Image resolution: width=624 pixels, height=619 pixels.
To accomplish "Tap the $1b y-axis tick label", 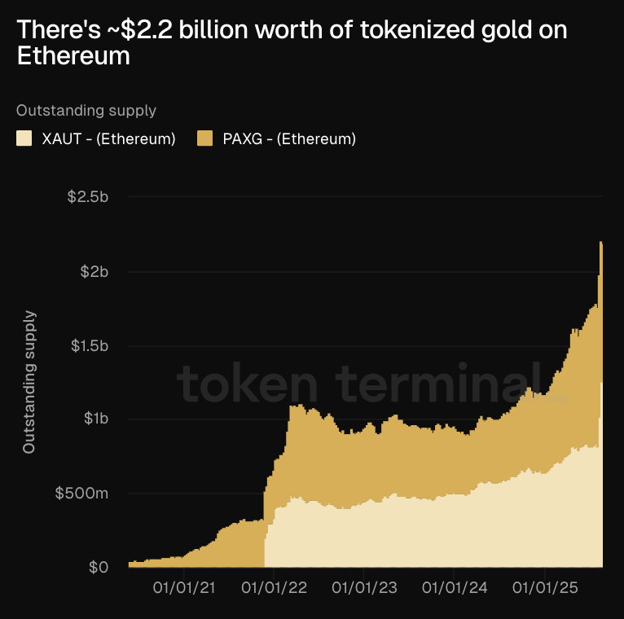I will tap(96, 419).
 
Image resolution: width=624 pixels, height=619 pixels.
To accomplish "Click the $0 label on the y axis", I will tap(98, 567).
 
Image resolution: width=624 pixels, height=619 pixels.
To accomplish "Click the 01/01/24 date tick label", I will tap(459, 587).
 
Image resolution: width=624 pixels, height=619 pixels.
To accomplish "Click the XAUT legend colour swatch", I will tap(24, 138).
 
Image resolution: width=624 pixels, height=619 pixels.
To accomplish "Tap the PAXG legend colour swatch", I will tap(205, 138).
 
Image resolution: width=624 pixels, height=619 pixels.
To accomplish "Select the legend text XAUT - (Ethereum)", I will tap(108, 138).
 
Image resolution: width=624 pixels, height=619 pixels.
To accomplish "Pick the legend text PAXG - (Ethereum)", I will tap(289, 138).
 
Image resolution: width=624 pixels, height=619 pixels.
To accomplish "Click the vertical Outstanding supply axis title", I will tap(29, 381).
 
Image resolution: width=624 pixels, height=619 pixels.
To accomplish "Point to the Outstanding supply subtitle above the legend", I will tap(86, 110).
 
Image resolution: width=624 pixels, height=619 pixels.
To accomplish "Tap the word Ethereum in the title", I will tap(73, 56).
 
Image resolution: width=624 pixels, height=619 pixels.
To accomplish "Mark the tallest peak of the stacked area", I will tap(600, 243).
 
